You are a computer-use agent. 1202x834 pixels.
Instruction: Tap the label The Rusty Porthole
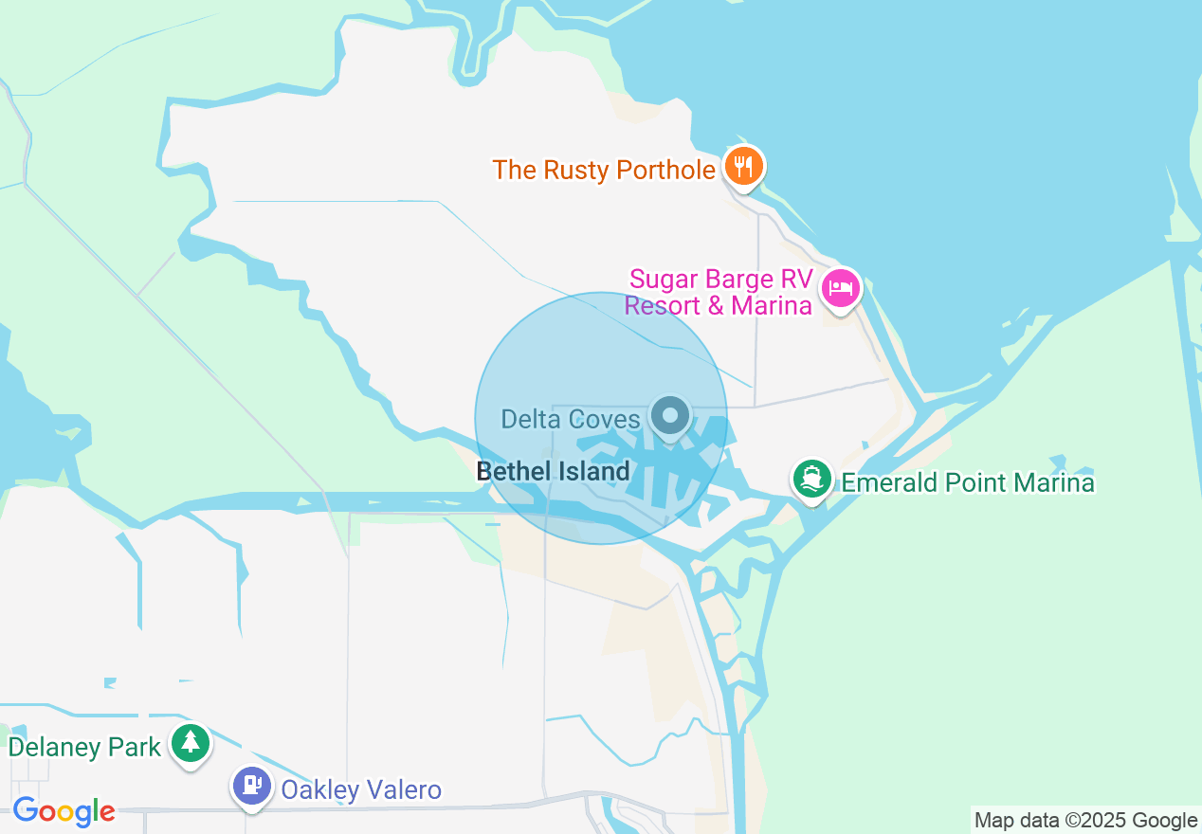pos(604,171)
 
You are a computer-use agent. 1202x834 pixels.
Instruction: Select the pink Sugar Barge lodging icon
pos(841,286)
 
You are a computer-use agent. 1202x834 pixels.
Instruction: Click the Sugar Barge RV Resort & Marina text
pos(721,292)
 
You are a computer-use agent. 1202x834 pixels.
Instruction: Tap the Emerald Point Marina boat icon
pos(812,479)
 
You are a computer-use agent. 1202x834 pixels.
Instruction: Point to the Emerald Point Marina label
pos(968,482)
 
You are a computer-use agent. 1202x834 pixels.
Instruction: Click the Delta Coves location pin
pos(671,415)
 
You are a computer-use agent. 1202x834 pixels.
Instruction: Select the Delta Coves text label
pos(571,419)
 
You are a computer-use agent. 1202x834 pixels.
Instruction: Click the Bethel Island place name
pos(553,471)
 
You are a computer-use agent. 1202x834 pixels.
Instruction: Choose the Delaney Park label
pos(84,747)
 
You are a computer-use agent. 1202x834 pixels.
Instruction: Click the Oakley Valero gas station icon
pos(252,786)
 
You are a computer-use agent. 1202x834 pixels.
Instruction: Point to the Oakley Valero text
pos(361,789)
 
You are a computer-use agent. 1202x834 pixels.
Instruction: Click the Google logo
pos(64,811)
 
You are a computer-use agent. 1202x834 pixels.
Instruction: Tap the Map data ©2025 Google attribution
pos(1086,821)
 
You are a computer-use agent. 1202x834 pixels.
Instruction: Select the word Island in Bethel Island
pos(593,471)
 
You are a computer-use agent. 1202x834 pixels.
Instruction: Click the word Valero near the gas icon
pos(400,789)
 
